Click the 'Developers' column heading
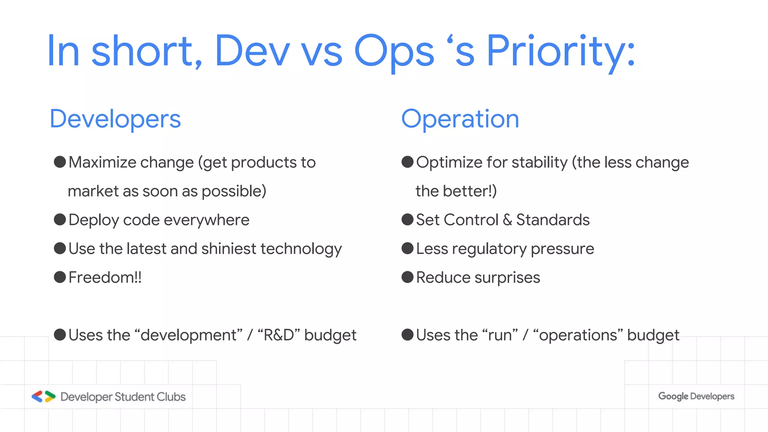[115, 119]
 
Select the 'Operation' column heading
[460, 119]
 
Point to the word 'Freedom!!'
[105, 277]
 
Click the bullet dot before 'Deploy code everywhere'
[60, 219]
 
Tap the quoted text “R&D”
[279, 335]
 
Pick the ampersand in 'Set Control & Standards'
[507, 220]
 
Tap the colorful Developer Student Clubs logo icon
[43, 396]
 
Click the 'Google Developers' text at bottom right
[696, 396]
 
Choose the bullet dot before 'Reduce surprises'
[408, 277]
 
